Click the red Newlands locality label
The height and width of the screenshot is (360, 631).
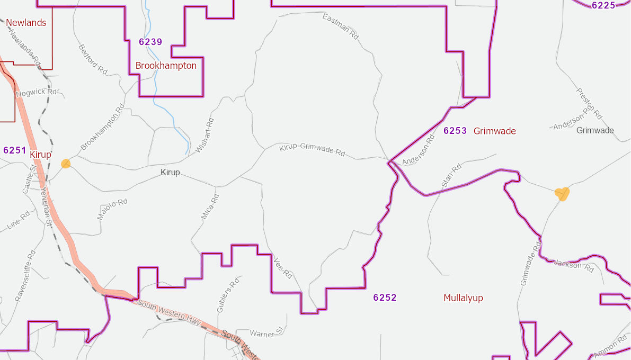tap(26, 23)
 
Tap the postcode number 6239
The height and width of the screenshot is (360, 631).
tap(150, 42)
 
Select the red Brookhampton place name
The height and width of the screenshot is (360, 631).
tap(166, 66)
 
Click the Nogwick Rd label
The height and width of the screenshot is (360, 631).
tap(36, 93)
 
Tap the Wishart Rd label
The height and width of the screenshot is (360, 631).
tap(205, 136)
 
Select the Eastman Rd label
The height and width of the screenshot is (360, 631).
tap(341, 26)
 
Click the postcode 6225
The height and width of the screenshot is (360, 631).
tap(603, 5)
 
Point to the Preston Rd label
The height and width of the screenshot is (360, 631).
tap(589, 103)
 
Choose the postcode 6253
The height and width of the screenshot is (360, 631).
tap(455, 131)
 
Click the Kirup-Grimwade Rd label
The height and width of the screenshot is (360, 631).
tap(312, 150)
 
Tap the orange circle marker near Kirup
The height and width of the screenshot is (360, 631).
tap(66, 164)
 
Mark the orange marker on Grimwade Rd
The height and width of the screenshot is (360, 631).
tap(562, 194)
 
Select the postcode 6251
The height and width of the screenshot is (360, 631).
tap(14, 150)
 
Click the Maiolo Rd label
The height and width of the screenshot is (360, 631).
tap(112, 209)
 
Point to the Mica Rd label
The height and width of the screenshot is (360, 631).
tap(210, 206)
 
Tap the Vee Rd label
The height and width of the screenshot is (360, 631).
tap(283, 268)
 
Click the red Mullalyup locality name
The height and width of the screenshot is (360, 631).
tap(463, 298)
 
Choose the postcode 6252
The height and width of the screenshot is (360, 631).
tap(385, 298)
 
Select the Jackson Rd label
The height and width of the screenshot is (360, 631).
tap(574, 265)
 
